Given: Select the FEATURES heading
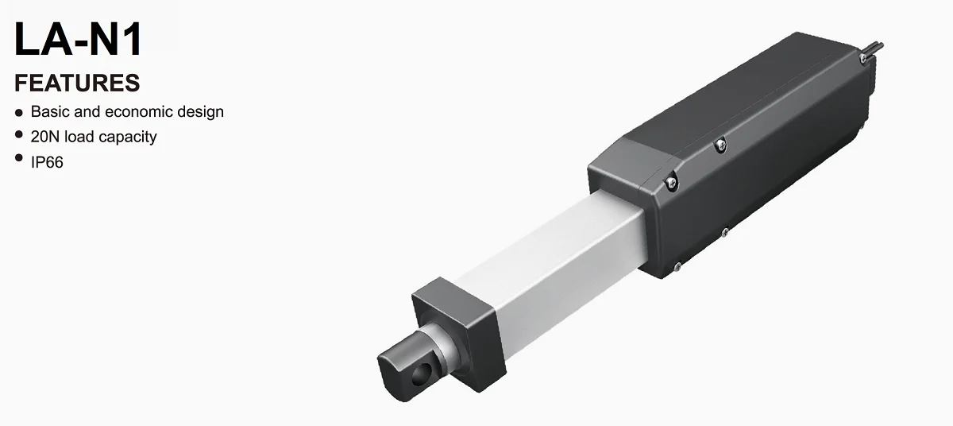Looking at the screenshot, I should point(77,83).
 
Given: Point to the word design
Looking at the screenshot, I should point(202,111).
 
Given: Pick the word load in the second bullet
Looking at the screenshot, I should point(79,137).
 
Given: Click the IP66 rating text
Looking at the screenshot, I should point(47,162).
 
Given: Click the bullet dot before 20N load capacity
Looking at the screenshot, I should point(19,136).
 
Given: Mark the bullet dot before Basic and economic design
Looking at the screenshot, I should point(19,113).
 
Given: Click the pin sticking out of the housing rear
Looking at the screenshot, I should point(874,45).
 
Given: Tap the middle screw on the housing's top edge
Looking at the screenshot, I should point(720,144).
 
